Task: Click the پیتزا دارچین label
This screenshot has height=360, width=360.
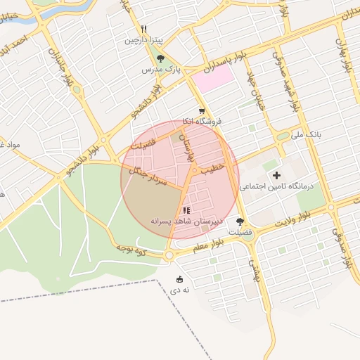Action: point(143,40)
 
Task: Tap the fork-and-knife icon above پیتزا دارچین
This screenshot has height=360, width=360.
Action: point(143,30)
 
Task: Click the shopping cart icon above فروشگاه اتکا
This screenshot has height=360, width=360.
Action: point(202,111)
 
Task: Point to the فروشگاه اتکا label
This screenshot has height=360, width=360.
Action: point(202,122)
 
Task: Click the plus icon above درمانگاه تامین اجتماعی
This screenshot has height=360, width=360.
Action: point(276,174)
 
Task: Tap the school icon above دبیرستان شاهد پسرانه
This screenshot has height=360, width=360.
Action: point(186,210)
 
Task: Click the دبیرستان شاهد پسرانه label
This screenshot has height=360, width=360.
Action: point(186,221)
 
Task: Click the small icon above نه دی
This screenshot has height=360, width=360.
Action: point(179,278)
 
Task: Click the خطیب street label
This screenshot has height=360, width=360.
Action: point(212,169)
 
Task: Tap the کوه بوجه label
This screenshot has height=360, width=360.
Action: point(130,248)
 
